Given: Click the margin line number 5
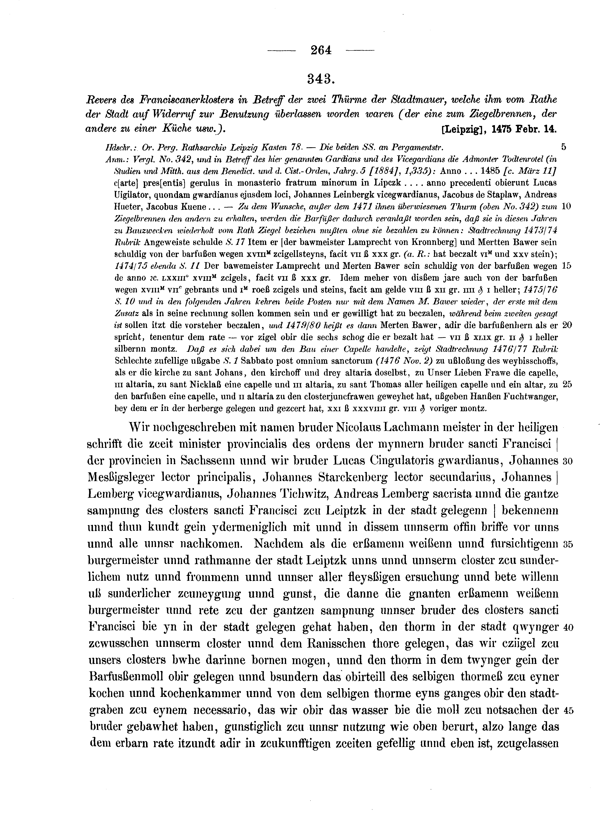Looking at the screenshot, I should (564, 147).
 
